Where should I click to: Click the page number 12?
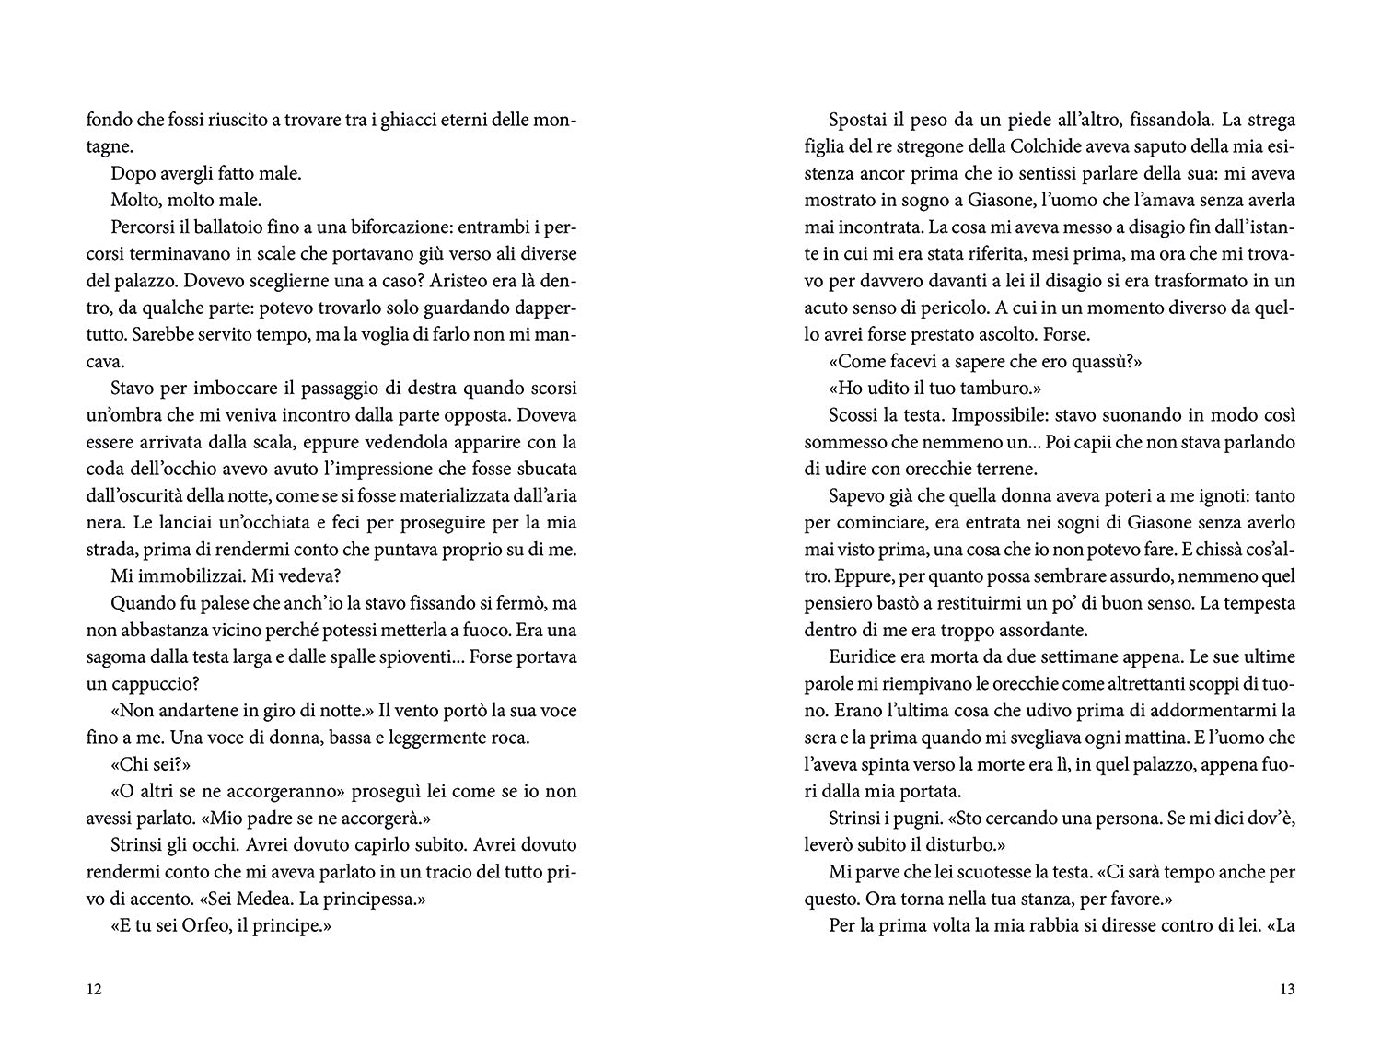[x=93, y=991]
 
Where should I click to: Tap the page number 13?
[x=1287, y=991]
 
